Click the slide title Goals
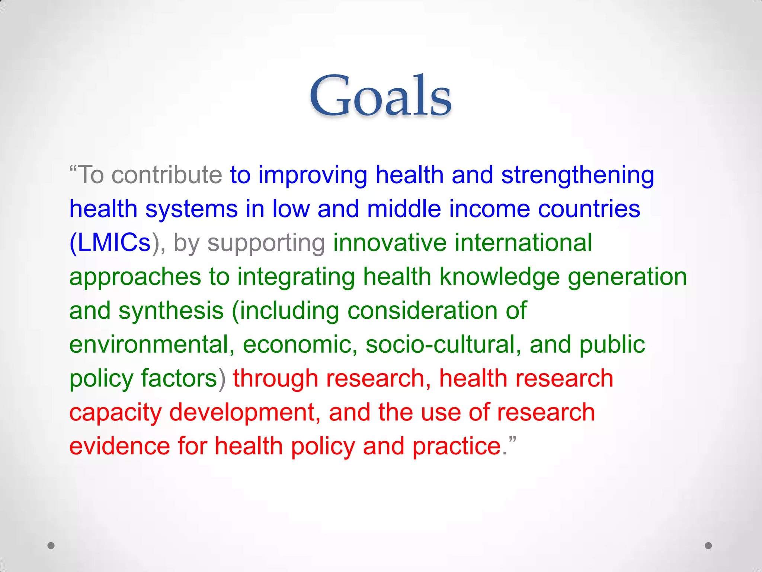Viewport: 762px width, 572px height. pos(381,96)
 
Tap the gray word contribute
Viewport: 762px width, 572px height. pos(166,175)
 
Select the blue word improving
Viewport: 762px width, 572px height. pos(313,175)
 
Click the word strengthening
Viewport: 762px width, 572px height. pos(577,175)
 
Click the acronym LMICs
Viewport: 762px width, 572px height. pos(114,243)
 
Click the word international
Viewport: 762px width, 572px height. pos(523,243)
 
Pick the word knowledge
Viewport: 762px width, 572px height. pos(499,277)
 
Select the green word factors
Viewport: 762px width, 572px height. pos(179,379)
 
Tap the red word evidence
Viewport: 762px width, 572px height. pos(119,447)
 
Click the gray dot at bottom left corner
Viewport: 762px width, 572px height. pos(51,546)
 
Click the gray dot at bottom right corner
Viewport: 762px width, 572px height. pos(708,546)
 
